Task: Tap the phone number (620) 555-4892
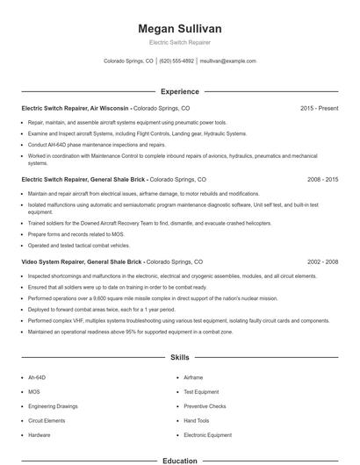pos(176,61)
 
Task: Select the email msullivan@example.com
pos(227,61)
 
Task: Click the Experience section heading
pos(179,91)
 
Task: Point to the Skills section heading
pos(179,358)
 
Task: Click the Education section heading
pos(179,460)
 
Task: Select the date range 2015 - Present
pos(319,108)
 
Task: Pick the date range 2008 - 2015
pos(322,178)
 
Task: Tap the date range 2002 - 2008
pos(322,261)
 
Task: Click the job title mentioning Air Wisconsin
pos(76,108)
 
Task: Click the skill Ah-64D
pos(37,377)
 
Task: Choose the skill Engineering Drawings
pos(53,406)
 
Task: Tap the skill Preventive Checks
pos(205,406)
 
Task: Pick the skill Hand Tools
pos(196,420)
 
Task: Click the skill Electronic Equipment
pos(207,435)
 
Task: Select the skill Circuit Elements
pos(46,420)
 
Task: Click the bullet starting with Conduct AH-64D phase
pos(97,144)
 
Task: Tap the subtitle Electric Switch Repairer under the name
pos(179,42)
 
